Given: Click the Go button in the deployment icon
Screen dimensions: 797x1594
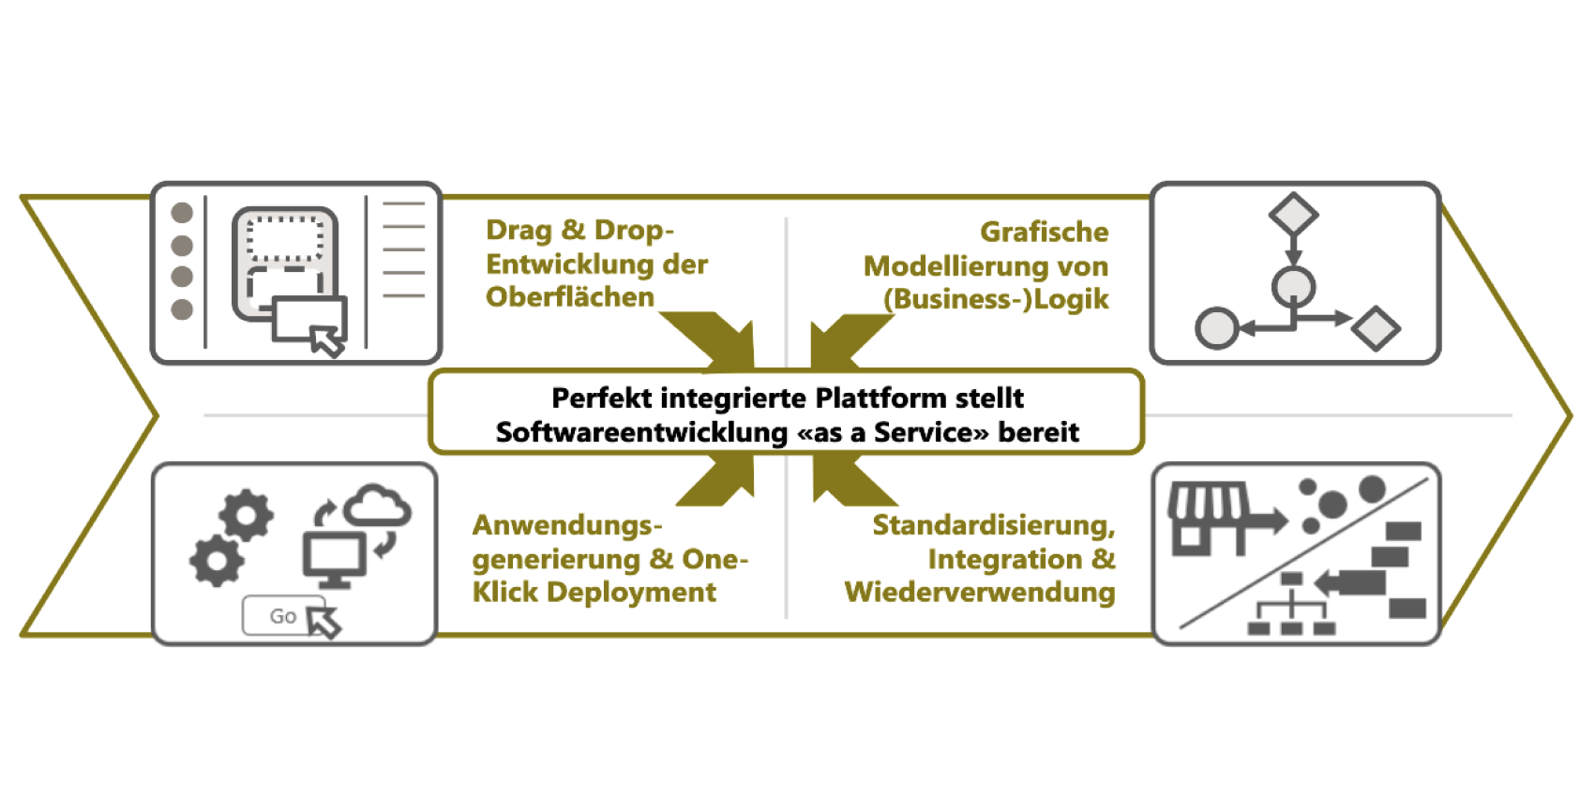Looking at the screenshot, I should pyautogui.click(x=282, y=616).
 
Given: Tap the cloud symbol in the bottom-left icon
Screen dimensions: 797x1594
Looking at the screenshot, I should pyautogui.click(x=377, y=506).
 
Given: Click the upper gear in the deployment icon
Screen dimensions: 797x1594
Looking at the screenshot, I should pyautogui.click(x=247, y=515).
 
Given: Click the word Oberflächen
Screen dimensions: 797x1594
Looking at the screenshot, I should pyautogui.click(x=569, y=297).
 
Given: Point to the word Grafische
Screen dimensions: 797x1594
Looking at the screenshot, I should pyautogui.click(x=1044, y=232).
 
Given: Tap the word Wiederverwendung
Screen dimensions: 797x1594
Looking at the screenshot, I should pyautogui.click(x=980, y=593).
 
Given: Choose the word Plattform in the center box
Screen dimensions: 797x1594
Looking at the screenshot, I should pyautogui.click(x=881, y=398).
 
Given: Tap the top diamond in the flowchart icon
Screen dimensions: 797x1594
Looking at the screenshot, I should pyautogui.click(x=1293, y=215).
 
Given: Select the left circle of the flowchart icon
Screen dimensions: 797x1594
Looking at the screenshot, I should pyautogui.click(x=1217, y=328).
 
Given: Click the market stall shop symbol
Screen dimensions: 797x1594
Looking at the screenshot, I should pyautogui.click(x=1210, y=518).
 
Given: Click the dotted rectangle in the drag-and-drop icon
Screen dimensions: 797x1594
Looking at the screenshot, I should pyautogui.click(x=285, y=239).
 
